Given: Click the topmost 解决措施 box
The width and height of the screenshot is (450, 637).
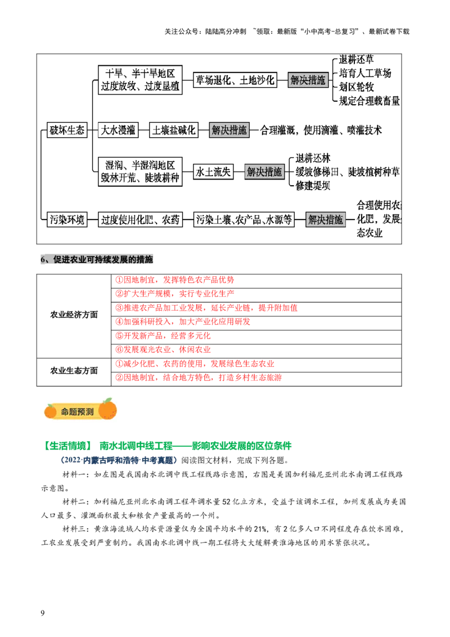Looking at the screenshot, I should click(x=308, y=80).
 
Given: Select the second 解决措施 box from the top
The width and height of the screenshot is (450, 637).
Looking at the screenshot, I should click(x=229, y=131).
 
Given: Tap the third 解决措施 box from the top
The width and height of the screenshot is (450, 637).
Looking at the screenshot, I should click(x=264, y=172).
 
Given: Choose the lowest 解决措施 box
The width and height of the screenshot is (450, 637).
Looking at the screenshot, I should click(x=326, y=220).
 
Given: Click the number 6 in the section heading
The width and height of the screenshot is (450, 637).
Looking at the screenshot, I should click(x=43, y=259).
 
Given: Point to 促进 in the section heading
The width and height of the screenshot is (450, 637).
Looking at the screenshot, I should click(x=61, y=259).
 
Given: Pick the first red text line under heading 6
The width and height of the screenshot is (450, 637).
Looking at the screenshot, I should click(x=174, y=280).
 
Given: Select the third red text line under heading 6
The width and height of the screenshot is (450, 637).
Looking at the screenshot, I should click(x=206, y=308).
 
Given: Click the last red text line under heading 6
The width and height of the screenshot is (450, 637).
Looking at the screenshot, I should click(x=198, y=378).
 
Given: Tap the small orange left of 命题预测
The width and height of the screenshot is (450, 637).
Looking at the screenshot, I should click(x=51, y=412).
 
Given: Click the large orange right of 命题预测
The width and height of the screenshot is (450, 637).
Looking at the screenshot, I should click(x=107, y=410).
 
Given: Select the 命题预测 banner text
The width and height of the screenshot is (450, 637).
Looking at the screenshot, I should click(x=77, y=412).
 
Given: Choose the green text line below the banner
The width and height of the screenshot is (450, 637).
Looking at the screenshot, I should click(x=168, y=445).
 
